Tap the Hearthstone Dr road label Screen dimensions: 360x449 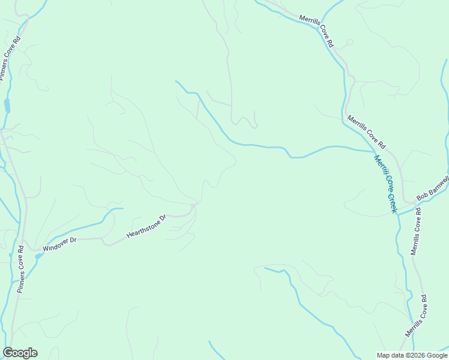[145, 226]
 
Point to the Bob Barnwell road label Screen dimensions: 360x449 [432, 188]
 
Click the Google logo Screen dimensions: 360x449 [20, 353]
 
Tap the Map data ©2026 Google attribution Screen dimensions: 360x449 [411, 355]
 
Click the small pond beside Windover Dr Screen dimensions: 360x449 [39, 256]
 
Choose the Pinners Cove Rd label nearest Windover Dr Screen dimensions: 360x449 [20, 268]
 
